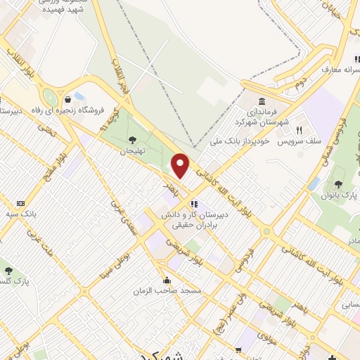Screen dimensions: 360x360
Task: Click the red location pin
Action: click(181, 165)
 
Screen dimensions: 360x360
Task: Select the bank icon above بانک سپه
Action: click(20, 203)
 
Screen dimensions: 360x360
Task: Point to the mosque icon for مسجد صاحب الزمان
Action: click(167, 279)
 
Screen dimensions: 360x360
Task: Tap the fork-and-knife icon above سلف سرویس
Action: click(299, 130)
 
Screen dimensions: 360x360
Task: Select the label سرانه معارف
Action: click(336, 70)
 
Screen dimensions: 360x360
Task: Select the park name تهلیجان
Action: click(131, 151)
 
